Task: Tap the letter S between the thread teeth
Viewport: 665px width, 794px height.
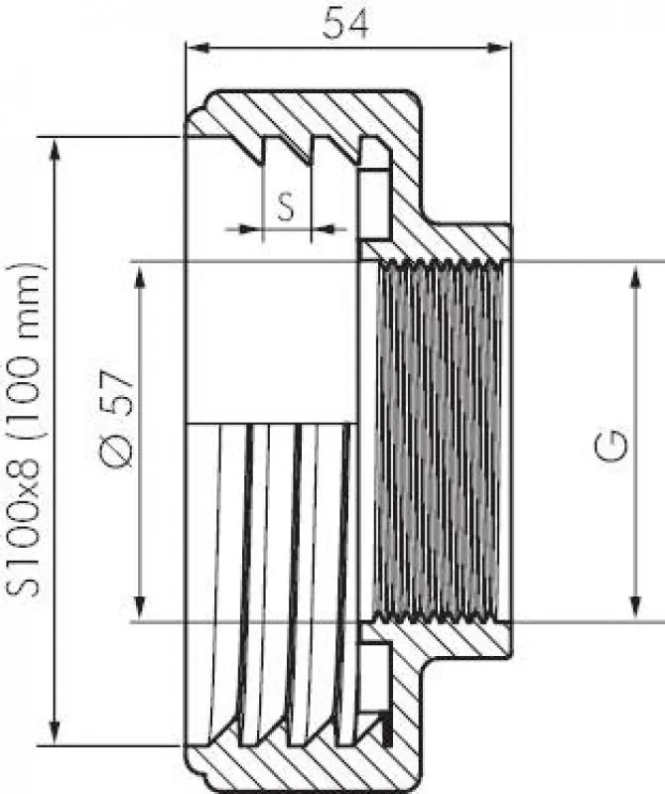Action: click(286, 206)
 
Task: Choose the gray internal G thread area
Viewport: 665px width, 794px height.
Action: click(437, 442)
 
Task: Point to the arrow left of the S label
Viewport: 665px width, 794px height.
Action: click(242, 229)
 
